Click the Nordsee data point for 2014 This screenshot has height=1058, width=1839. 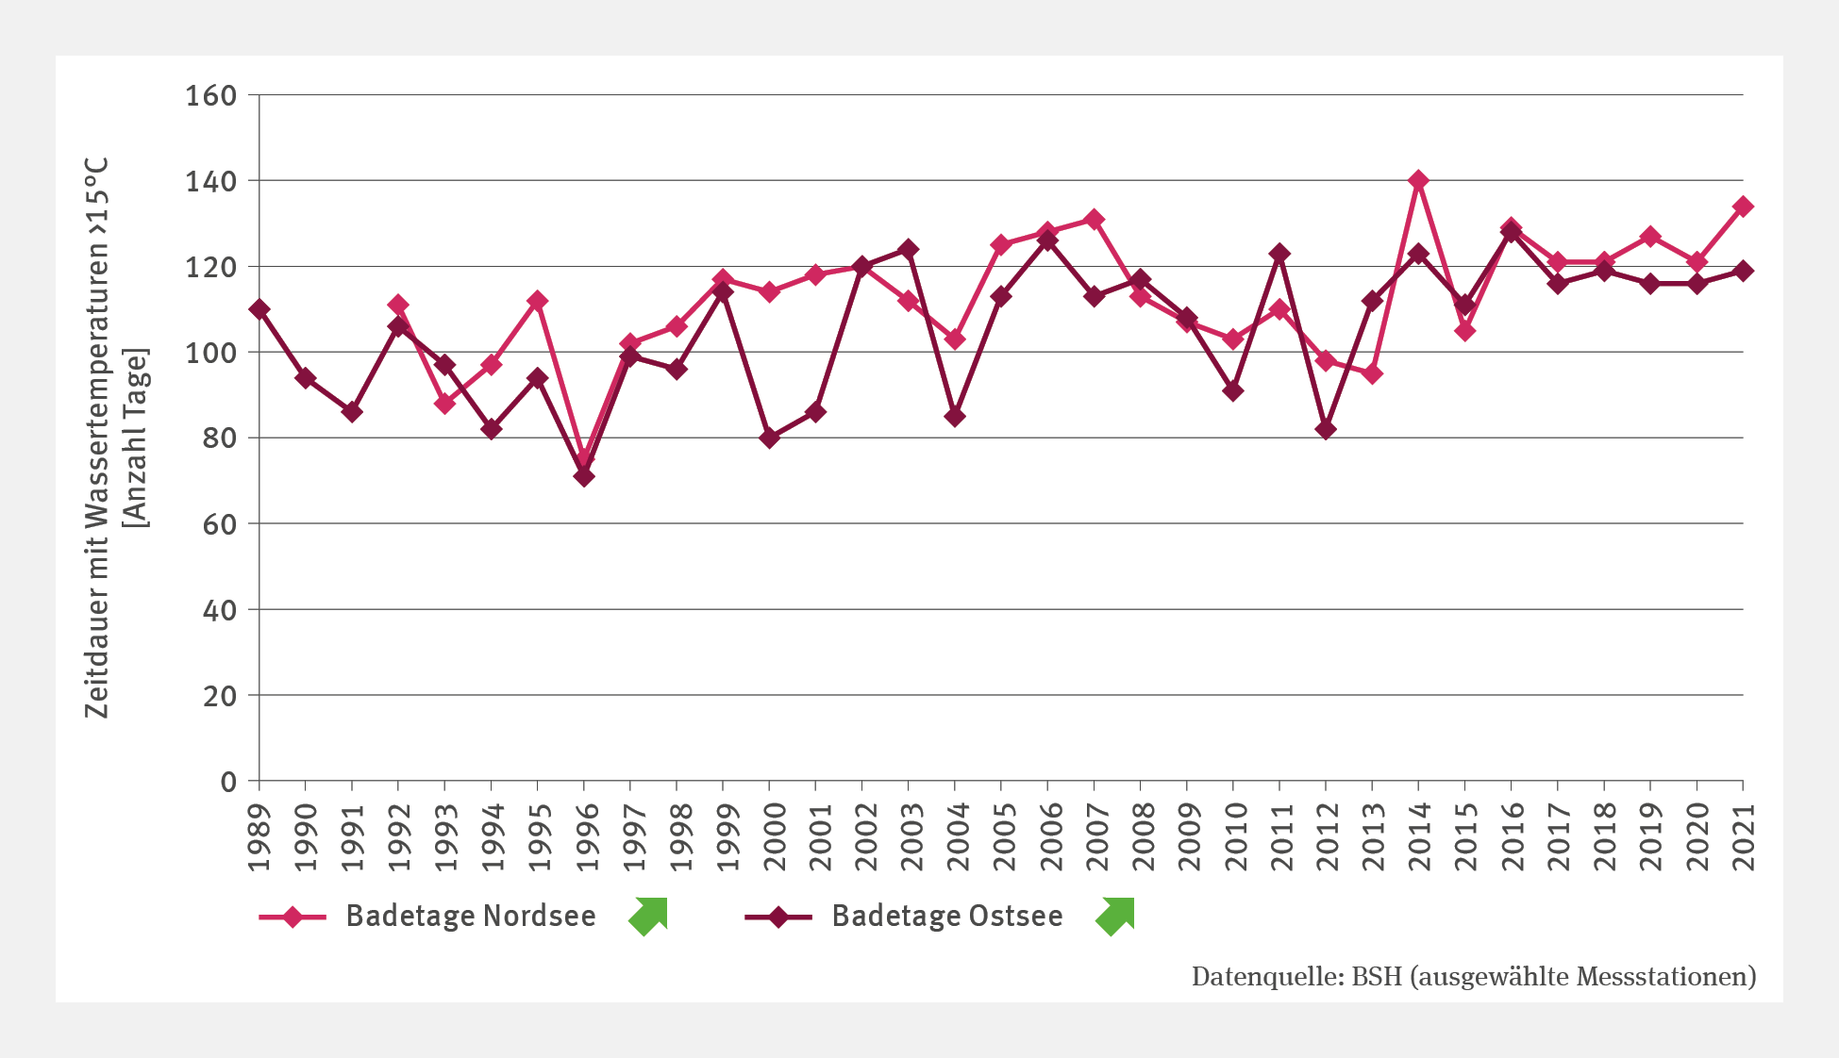tap(1418, 180)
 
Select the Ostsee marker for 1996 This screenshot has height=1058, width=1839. tap(584, 476)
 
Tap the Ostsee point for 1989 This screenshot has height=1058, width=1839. tap(259, 309)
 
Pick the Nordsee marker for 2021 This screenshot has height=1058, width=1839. tap(1743, 207)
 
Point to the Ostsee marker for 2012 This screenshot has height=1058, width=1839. tap(1326, 429)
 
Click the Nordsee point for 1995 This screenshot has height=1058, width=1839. tap(538, 301)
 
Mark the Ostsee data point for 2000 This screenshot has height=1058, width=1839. tap(769, 438)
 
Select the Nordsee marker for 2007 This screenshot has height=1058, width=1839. tap(1095, 219)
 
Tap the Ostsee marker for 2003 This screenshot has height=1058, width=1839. tap(908, 250)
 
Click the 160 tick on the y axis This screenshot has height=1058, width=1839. tap(210, 95)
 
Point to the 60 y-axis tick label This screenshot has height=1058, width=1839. tap(219, 524)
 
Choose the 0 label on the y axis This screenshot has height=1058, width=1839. tap(228, 782)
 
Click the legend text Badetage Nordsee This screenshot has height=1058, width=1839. tap(470, 916)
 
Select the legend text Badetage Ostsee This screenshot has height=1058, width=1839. tap(946, 916)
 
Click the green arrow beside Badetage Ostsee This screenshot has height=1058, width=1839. tap(1115, 916)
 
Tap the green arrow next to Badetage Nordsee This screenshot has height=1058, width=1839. tap(649, 916)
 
